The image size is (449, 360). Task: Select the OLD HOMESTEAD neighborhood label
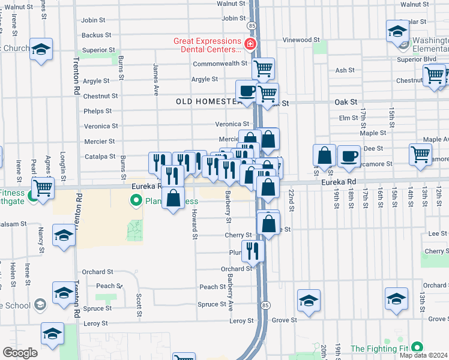pyautogui.click(x=209, y=102)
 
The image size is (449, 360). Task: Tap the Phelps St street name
pyautogui.click(x=98, y=111)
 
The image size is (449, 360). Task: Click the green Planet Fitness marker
pyautogui.click(x=137, y=200)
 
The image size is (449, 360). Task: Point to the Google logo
pyautogui.click(x=20, y=353)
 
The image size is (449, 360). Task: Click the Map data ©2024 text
pyautogui.click(x=423, y=355)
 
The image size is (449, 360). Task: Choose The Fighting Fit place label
pyautogui.click(x=381, y=348)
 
